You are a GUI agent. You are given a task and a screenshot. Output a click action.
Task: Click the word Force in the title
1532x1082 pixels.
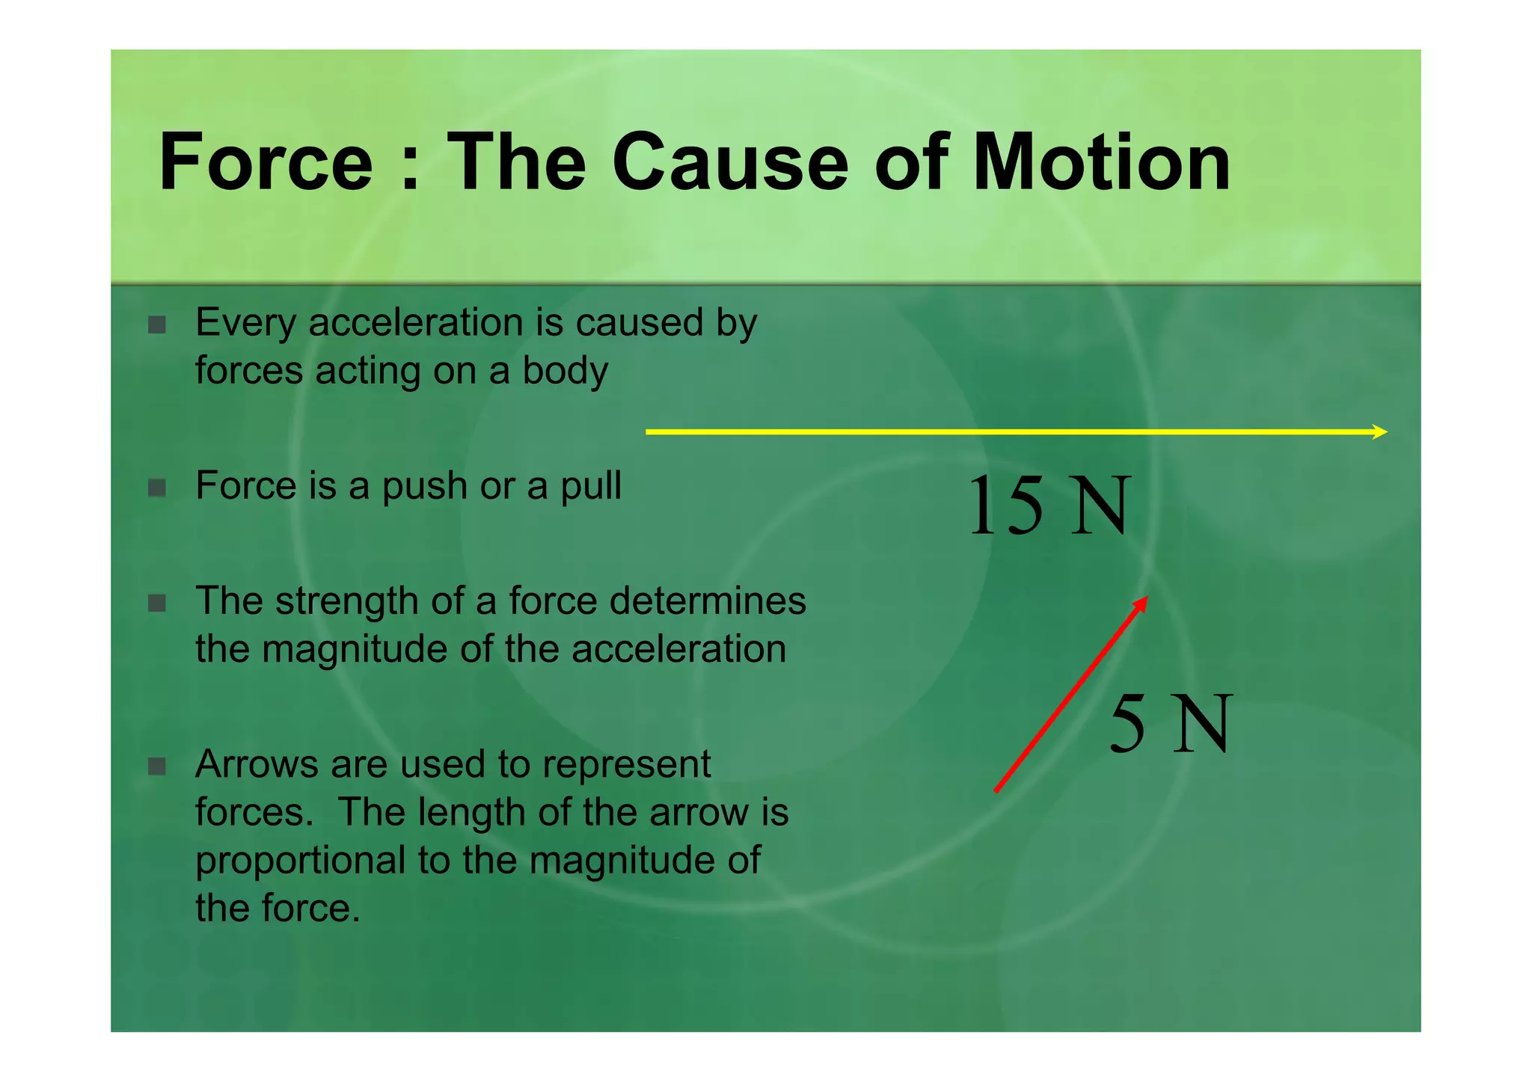(x=266, y=162)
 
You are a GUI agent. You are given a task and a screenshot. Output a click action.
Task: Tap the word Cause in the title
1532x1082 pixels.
(x=730, y=162)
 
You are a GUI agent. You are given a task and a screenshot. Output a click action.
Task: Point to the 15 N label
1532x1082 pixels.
(x=1049, y=506)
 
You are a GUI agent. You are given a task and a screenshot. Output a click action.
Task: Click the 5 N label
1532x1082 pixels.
(x=1170, y=723)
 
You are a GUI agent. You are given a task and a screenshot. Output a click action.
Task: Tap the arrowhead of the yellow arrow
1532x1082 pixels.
(x=1380, y=431)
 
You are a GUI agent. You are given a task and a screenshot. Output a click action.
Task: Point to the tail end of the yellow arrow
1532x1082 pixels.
(x=649, y=431)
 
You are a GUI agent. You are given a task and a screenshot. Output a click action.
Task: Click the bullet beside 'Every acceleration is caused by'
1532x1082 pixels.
(x=157, y=325)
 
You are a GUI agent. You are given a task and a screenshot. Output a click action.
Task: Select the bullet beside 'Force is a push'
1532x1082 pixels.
(x=157, y=488)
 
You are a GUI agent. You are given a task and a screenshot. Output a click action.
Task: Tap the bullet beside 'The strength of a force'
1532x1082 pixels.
(x=157, y=603)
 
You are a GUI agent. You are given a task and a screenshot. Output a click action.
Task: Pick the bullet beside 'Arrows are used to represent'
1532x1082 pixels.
(x=157, y=766)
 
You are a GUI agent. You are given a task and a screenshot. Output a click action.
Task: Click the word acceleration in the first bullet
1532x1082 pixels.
(x=416, y=323)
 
